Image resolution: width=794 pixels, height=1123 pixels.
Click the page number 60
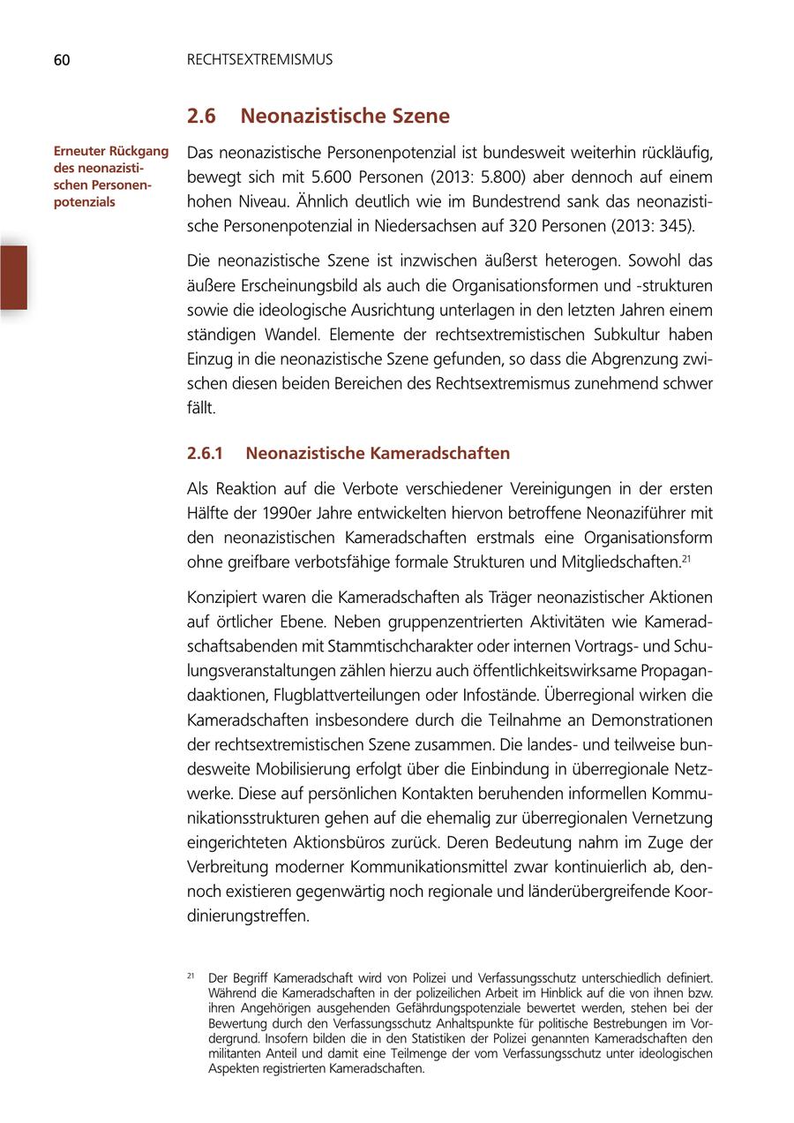[x=61, y=60]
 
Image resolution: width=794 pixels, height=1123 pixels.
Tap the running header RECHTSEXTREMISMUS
[x=259, y=60]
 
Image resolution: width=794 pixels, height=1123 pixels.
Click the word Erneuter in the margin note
[x=80, y=151]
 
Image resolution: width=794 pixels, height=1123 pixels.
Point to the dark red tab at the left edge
[x=13, y=277]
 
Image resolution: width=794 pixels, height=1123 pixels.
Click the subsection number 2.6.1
[x=206, y=454]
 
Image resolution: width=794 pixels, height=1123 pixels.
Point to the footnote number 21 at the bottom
[x=191, y=976]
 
